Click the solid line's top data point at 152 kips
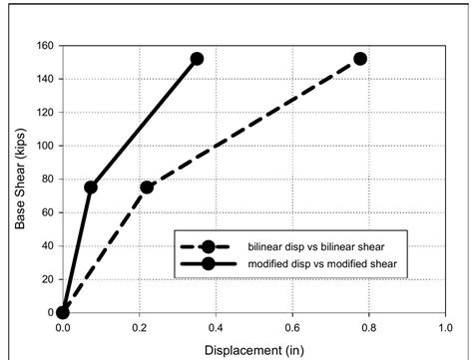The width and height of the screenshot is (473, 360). coord(197,59)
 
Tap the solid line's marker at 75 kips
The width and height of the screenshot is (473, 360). coord(91,187)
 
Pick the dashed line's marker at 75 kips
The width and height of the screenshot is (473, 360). coord(147,187)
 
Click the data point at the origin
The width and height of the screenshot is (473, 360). coord(63,312)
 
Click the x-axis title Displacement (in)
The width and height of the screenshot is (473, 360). coord(253,349)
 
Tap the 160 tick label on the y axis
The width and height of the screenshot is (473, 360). coord(44,46)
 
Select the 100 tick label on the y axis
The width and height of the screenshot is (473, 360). coord(44,146)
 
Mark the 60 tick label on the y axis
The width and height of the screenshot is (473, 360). coord(47,212)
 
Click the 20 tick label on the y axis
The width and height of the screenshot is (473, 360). coord(47,279)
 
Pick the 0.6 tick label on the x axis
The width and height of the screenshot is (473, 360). coord(292,327)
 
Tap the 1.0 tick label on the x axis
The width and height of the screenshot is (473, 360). coord(445,327)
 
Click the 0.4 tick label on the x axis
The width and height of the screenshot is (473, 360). coord(216,327)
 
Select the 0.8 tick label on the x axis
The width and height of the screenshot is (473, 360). coord(368,327)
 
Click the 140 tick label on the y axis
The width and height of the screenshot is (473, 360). coord(44,79)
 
